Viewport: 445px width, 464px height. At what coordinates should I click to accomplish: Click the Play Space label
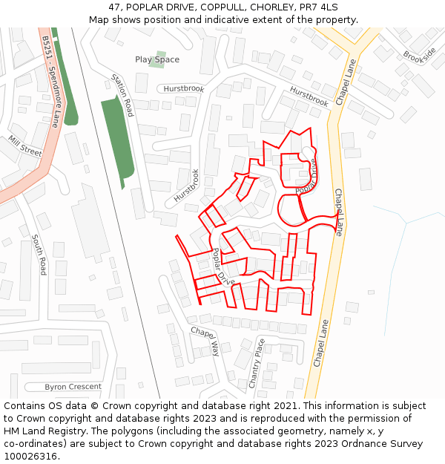pyautogui.click(x=157, y=59)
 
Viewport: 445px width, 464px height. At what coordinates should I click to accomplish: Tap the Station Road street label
pyautogui.click(x=122, y=95)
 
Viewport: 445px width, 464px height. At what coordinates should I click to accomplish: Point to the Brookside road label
pyautogui.click(x=420, y=56)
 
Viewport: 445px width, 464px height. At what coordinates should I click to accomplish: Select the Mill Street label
pyautogui.click(x=25, y=146)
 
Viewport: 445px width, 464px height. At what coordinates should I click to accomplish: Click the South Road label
pyautogui.click(x=39, y=255)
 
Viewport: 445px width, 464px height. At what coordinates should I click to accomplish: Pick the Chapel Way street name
pyautogui.click(x=205, y=341)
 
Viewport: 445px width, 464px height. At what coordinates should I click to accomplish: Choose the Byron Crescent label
pyautogui.click(x=73, y=387)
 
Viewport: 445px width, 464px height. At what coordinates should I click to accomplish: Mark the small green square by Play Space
pyautogui.click(x=156, y=59)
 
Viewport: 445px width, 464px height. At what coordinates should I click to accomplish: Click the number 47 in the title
pyautogui.click(x=114, y=7)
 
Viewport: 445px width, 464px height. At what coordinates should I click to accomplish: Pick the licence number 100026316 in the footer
pyautogui.click(x=30, y=457)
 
